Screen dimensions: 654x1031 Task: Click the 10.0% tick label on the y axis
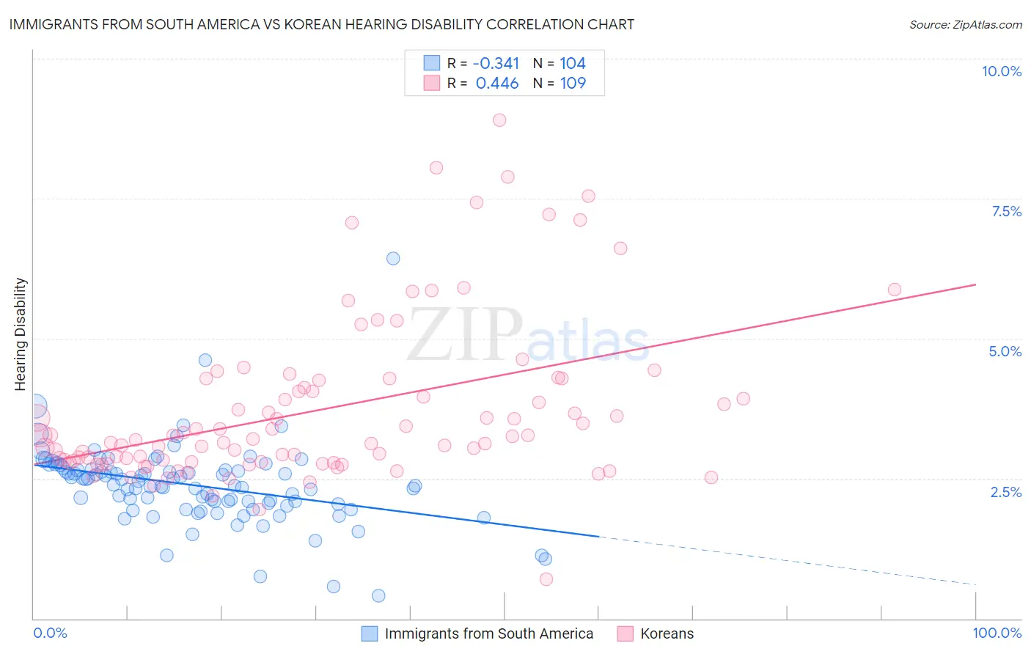point(1001,71)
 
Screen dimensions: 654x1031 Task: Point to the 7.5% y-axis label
point(1006,211)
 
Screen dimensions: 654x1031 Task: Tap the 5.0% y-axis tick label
point(1005,351)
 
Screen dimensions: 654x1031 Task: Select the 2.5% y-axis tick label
point(1005,492)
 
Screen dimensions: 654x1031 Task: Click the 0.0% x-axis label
point(50,633)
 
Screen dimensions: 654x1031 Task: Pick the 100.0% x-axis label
point(997,633)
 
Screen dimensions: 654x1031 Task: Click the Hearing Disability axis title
point(21,334)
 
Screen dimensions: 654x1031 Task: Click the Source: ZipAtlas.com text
point(965,24)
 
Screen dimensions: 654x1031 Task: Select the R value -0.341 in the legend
point(496,64)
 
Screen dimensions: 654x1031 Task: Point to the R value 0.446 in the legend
point(497,84)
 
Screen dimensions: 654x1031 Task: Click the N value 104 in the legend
point(573,64)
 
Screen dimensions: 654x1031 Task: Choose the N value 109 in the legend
point(573,84)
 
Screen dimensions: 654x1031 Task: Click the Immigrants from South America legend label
point(488,633)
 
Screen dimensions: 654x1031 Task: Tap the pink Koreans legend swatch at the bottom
point(625,633)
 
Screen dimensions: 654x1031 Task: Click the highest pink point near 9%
point(499,120)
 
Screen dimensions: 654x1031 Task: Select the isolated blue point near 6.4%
point(393,258)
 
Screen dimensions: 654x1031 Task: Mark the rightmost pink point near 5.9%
point(894,290)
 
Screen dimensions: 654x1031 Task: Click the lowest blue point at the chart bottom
point(378,595)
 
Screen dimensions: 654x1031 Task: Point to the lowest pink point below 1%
point(546,579)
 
